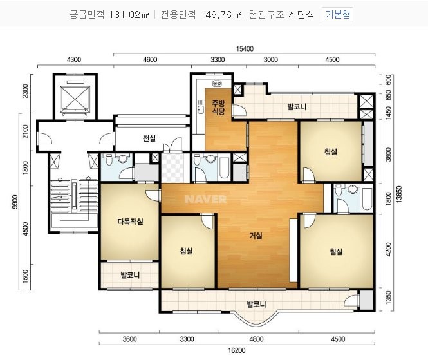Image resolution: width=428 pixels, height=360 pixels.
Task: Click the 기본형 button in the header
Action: (337, 14)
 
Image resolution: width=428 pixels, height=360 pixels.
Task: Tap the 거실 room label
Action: (256, 235)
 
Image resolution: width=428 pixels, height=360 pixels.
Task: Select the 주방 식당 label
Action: (218, 107)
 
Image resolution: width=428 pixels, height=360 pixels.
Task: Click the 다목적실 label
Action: (130, 222)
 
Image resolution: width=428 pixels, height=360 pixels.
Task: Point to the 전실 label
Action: (149, 138)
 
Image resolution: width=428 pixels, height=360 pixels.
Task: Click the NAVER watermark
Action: (206, 199)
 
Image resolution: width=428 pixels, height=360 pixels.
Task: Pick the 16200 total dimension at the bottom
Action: (237, 350)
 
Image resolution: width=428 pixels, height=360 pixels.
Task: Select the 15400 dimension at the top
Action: (245, 48)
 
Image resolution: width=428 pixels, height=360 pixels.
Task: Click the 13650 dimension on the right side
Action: (399, 194)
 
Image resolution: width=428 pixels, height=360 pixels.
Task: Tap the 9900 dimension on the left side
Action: (15, 202)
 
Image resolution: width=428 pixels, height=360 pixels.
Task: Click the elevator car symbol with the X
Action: (75, 99)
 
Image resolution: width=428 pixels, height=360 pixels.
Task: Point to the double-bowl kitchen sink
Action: (217, 83)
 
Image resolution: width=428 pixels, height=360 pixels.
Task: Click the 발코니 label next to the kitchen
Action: (297, 106)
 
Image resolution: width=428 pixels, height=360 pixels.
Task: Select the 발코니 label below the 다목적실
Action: (130, 275)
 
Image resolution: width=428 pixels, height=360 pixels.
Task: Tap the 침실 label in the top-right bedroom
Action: (331, 151)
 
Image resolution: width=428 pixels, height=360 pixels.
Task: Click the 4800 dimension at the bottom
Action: (256, 339)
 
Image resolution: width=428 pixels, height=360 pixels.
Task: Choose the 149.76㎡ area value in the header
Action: (221, 14)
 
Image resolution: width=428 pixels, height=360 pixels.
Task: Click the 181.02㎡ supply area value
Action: (129, 14)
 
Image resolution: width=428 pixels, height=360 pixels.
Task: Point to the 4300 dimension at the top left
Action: (74, 59)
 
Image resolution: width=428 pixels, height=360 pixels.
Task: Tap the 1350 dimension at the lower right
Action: (388, 298)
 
